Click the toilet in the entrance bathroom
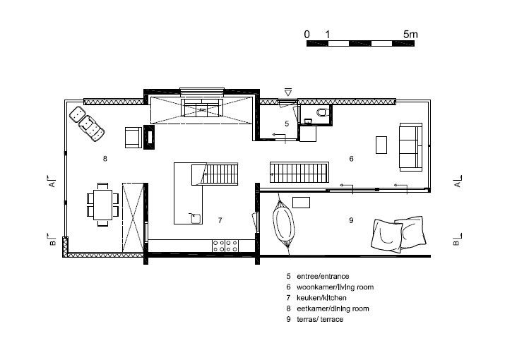tap(323, 112)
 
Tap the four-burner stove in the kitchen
tap(225, 246)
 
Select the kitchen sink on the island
tap(195, 218)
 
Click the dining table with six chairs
tap(103, 205)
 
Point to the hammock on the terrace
tap(283, 224)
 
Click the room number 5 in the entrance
tap(287, 124)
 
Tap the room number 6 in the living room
tap(351, 159)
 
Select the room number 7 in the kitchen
tap(220, 220)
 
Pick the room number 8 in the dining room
tap(105, 159)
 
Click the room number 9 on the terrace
tap(351, 220)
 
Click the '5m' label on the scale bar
tap(410, 35)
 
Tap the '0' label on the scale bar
tap(307, 35)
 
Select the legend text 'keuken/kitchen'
tap(321, 298)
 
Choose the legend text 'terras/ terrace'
tap(320, 319)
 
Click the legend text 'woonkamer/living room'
tap(335, 287)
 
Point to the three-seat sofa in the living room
tap(410, 147)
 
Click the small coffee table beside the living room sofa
tap(381, 145)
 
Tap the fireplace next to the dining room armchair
tap(149, 137)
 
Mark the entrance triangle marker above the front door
tap(288, 92)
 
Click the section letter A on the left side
tap(52, 184)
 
